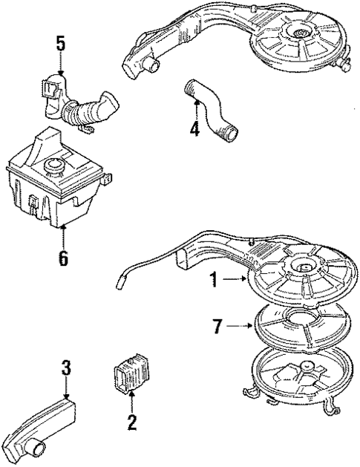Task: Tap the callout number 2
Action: pos(131,423)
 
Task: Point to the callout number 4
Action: pos(194,128)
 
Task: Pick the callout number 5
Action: pos(61,42)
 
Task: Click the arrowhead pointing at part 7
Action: pos(251,324)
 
